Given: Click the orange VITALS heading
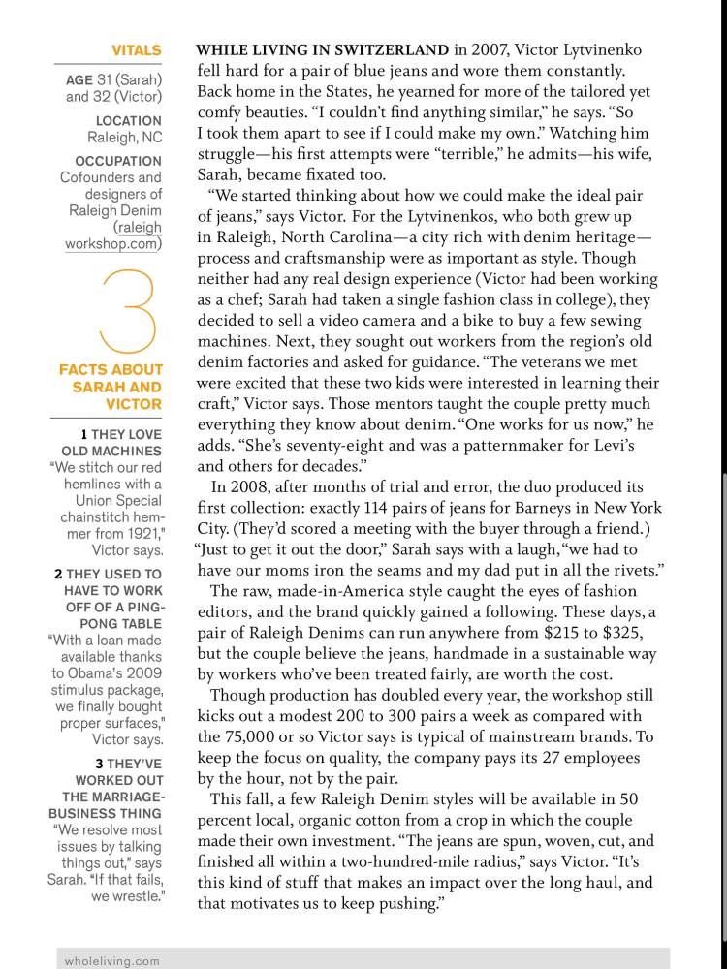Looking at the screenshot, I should click(x=136, y=49).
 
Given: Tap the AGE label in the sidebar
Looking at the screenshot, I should click(x=79, y=78).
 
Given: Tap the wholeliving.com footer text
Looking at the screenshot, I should click(x=111, y=960).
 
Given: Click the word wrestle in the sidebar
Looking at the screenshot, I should click(x=136, y=896).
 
